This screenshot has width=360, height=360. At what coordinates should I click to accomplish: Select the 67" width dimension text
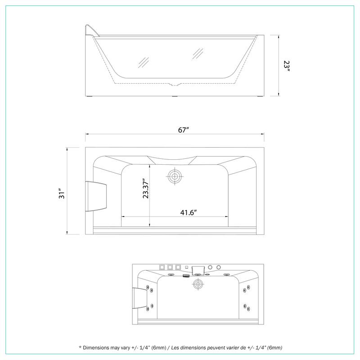(183, 130)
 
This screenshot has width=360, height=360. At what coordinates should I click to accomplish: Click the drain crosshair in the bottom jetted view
(197, 284)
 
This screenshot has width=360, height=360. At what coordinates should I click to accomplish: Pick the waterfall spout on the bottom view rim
(198, 270)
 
